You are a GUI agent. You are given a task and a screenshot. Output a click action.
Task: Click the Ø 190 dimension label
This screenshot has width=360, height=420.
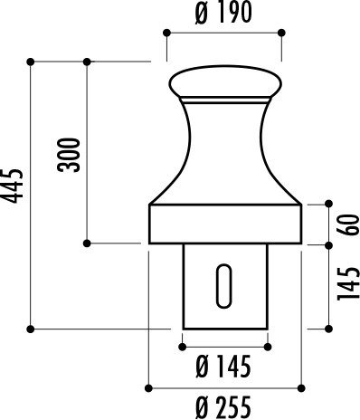point(223,13)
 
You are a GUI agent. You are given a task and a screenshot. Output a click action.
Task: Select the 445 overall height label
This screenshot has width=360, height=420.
point(12,186)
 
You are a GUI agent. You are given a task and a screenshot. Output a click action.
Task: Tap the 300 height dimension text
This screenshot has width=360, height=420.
point(69,155)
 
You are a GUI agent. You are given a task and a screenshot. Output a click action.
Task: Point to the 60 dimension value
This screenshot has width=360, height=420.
point(348,224)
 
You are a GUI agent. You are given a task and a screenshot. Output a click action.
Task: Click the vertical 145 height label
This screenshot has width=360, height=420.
point(348,283)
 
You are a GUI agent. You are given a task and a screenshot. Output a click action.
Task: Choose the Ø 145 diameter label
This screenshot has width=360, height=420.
point(223,367)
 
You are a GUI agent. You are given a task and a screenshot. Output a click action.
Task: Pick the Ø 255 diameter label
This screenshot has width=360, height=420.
point(223,407)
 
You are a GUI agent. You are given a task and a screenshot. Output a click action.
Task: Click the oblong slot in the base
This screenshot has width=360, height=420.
point(224,286)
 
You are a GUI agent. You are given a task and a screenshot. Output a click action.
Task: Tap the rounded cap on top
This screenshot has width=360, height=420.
point(225,81)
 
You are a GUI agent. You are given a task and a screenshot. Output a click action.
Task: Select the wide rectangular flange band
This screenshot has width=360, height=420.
point(225,224)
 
